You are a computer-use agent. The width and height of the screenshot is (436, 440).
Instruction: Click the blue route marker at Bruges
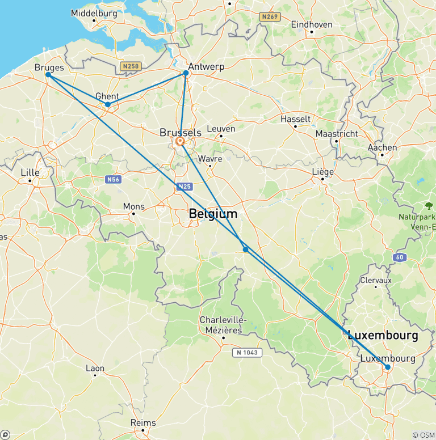tap(48, 74)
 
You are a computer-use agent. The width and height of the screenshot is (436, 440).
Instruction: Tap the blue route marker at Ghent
tap(108, 104)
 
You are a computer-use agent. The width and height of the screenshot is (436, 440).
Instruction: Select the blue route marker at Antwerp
tap(186, 73)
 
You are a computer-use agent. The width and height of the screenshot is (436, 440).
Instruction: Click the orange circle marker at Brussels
tap(180, 141)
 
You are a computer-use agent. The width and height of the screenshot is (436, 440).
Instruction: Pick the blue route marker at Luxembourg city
tap(388, 367)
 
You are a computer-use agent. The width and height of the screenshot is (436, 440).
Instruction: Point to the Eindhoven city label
tap(311, 24)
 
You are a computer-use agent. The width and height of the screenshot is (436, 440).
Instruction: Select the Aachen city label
tap(382, 147)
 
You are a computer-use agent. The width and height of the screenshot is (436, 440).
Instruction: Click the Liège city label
tap(322, 172)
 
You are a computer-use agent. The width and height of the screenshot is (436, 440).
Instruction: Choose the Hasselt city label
tap(295, 119)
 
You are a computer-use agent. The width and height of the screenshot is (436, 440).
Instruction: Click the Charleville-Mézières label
tap(221, 325)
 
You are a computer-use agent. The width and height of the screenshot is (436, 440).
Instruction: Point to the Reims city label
tap(143, 422)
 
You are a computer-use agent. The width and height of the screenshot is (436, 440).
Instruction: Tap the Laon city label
tap(95, 368)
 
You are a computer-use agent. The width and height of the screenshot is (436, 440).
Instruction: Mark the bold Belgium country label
tap(213, 214)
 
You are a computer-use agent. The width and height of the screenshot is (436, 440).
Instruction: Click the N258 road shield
tap(131, 66)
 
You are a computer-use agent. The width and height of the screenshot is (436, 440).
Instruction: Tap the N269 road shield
tap(270, 17)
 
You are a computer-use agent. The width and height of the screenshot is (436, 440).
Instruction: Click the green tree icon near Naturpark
tap(429, 205)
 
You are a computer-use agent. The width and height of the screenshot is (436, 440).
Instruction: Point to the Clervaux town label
tap(376, 280)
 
